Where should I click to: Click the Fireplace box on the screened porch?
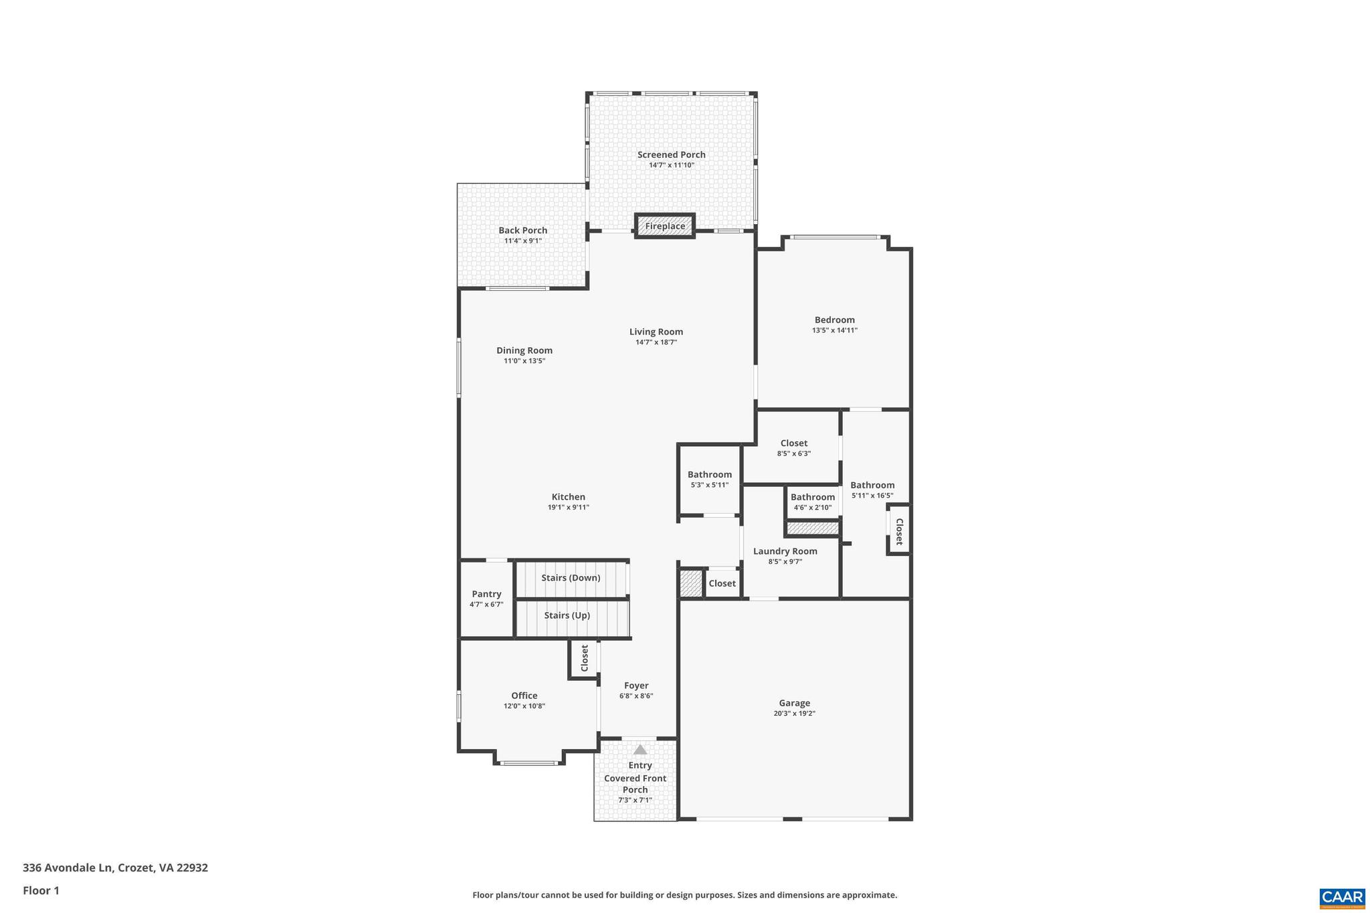point(665,226)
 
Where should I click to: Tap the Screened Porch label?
point(671,155)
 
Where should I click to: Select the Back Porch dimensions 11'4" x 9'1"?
point(522,241)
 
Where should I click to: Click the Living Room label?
point(656,332)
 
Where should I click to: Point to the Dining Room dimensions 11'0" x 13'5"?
point(524,361)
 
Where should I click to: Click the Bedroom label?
point(834,320)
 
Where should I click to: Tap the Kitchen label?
point(568,497)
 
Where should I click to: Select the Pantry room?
point(486,599)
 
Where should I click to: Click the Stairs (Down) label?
point(571,578)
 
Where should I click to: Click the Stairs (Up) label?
point(567,615)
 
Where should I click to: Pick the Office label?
point(524,696)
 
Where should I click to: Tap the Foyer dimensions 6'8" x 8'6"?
point(635,696)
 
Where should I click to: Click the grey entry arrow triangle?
point(640,749)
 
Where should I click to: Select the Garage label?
point(794,703)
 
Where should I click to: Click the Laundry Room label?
point(785,551)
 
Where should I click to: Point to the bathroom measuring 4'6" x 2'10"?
point(812,502)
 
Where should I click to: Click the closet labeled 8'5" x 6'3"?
point(793,447)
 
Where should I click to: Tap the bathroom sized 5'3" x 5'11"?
point(709,479)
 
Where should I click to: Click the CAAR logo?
point(1341,897)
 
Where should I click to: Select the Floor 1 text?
point(41,890)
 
